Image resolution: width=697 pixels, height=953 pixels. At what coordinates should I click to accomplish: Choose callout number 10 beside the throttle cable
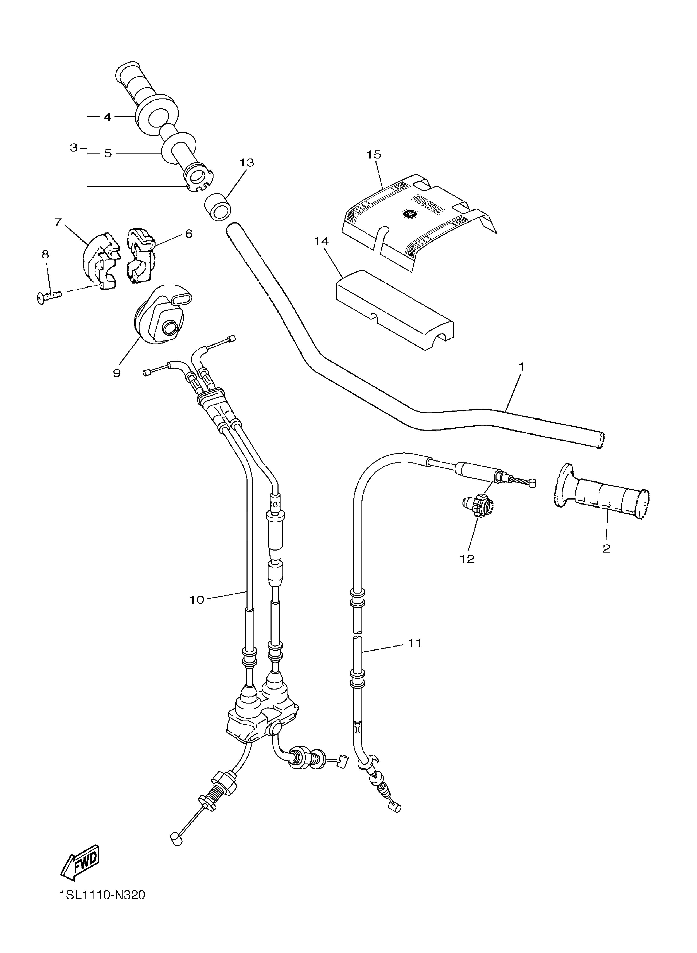pos(197,600)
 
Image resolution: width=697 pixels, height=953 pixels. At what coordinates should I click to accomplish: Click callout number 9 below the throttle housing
pos(117,373)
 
